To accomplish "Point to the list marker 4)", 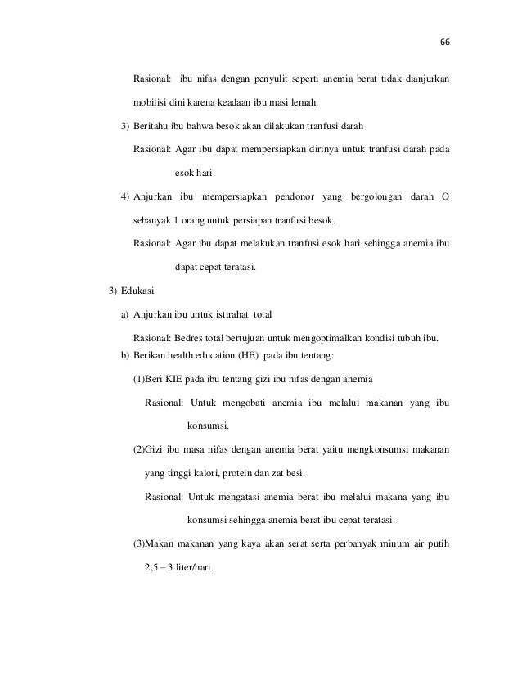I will tap(125, 197).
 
